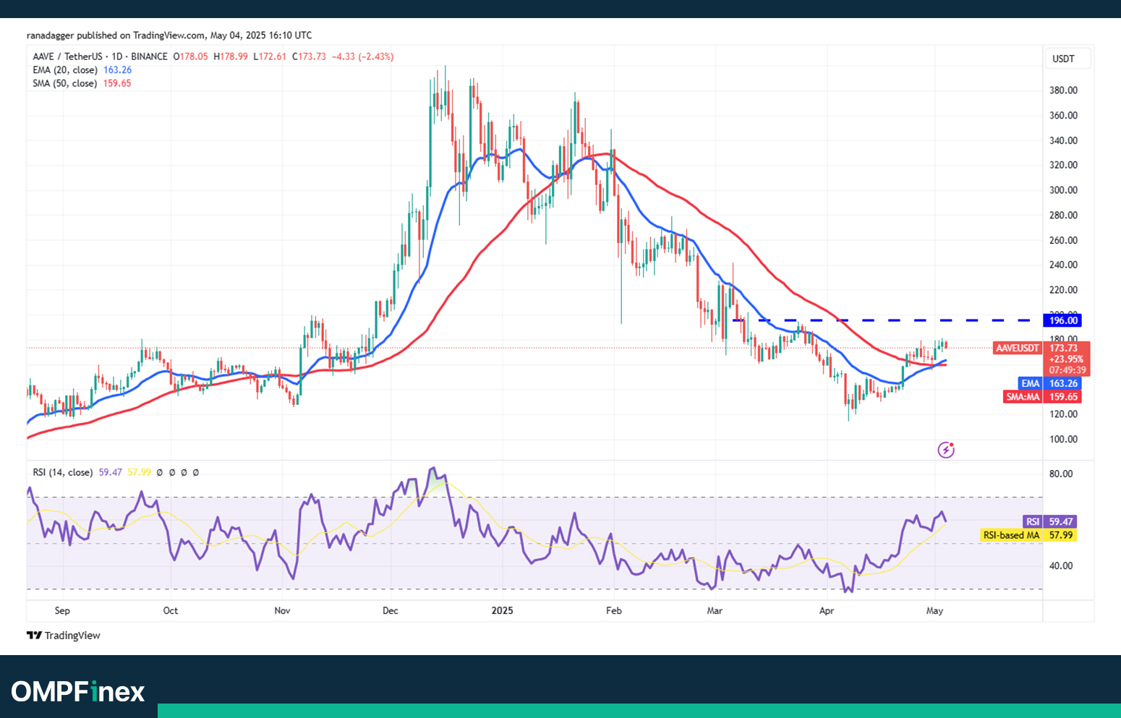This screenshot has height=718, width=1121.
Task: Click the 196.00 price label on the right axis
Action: pos(1062,320)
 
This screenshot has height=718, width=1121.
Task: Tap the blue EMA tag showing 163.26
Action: pos(1062,383)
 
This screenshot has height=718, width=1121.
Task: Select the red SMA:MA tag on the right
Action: pos(1023,396)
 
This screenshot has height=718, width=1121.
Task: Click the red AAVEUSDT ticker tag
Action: pos(1017,348)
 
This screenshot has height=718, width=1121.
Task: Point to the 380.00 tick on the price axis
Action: pos(1063,90)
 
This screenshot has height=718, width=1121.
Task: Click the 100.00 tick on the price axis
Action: pos(1063,439)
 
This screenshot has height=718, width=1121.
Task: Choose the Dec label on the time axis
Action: pos(391,610)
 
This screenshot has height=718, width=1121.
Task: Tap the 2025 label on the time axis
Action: pos(502,610)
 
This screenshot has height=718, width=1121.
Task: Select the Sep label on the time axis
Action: pos(62,610)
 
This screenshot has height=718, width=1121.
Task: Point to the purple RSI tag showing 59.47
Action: pos(1033,521)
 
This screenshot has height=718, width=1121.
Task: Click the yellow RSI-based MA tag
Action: pos(1011,535)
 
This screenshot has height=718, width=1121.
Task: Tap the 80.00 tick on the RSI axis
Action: pos(1061,474)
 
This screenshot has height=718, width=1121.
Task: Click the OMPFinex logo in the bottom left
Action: pos(78,692)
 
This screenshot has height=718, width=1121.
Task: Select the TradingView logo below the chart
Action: pos(64,636)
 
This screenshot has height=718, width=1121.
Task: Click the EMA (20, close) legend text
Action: pos(64,70)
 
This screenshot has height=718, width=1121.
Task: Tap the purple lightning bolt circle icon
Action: pos(946,450)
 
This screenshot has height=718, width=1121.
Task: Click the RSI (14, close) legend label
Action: pos(62,472)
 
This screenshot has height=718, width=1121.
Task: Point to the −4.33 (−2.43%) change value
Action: pos(362,56)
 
